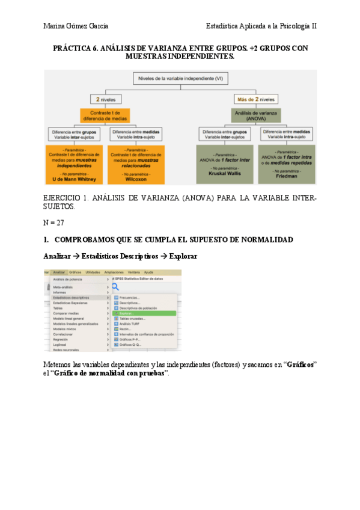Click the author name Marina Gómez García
point(76,26)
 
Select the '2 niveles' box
point(106,99)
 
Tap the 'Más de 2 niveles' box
point(256,99)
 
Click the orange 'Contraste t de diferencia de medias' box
point(106,116)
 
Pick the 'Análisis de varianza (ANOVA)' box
point(256,116)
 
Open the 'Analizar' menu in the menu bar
point(59,272)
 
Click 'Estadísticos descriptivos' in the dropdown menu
point(71,297)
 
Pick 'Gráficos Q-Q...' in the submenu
point(130,345)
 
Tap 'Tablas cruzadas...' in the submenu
point(133,319)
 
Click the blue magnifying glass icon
point(115,286)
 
